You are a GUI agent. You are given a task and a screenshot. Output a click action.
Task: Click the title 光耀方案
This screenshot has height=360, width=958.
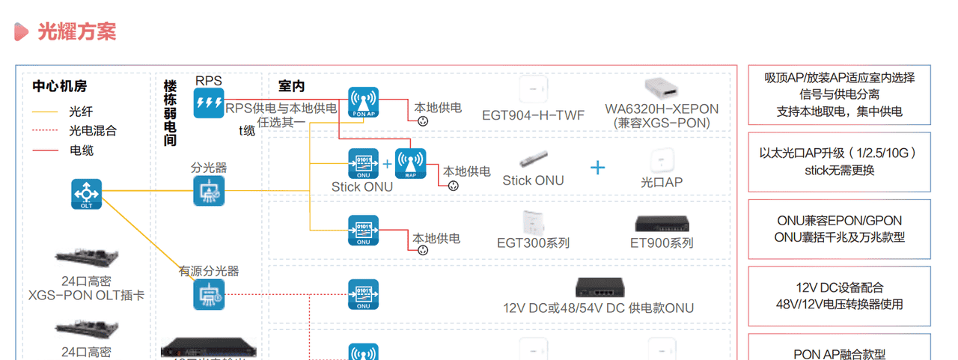coord(76,31)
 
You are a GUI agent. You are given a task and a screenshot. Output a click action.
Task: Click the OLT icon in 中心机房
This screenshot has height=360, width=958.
coord(86,194)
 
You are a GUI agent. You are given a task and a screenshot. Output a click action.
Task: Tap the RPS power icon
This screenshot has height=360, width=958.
coord(208,103)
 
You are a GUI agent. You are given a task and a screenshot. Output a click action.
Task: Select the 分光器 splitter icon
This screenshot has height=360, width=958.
coord(208,191)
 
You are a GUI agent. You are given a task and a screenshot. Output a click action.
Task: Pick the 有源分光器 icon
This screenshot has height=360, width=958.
coord(208,294)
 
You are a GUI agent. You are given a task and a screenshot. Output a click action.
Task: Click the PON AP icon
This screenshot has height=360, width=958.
coord(363,103)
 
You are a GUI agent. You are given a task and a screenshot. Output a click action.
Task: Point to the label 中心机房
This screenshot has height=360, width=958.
coord(64,86)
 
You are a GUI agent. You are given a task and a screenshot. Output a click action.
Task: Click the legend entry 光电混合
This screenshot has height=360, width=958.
coord(93,131)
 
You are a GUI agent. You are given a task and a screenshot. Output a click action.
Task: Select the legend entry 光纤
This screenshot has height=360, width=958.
coord(81,112)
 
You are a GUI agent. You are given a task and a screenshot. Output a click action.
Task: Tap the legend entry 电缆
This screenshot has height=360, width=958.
coord(81,150)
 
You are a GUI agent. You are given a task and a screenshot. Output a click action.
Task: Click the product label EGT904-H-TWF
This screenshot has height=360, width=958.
coord(533,115)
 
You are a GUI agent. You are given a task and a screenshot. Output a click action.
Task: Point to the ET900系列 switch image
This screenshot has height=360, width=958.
coord(661,224)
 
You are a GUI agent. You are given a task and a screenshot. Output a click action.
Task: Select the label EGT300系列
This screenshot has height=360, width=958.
coord(533,242)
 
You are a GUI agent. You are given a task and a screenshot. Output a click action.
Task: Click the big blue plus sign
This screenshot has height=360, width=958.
coord(597,167)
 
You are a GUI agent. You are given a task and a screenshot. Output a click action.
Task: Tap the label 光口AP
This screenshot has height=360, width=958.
coord(662,182)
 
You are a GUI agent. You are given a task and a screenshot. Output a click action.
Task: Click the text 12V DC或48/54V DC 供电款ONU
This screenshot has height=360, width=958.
coord(598,308)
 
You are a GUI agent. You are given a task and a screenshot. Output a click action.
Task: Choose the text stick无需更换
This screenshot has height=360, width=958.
coord(839,170)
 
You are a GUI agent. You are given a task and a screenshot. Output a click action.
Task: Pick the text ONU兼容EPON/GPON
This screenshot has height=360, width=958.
coord(839,221)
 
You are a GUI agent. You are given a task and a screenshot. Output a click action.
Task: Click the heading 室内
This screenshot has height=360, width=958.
coord(291,86)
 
